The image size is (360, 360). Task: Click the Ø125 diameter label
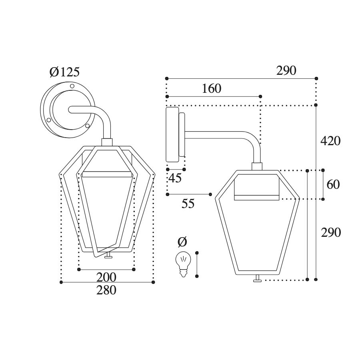pos(64,72)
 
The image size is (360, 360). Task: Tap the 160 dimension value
pos(212,89)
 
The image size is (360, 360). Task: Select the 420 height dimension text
pos(330,141)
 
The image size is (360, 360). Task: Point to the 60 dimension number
pos(333,184)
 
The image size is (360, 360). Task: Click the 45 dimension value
pos(175,178)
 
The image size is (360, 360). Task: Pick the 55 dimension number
pos(188,204)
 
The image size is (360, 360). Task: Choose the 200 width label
pos(106,277)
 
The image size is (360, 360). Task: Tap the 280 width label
pos(106,290)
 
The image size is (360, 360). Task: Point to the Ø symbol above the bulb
pos(182,242)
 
